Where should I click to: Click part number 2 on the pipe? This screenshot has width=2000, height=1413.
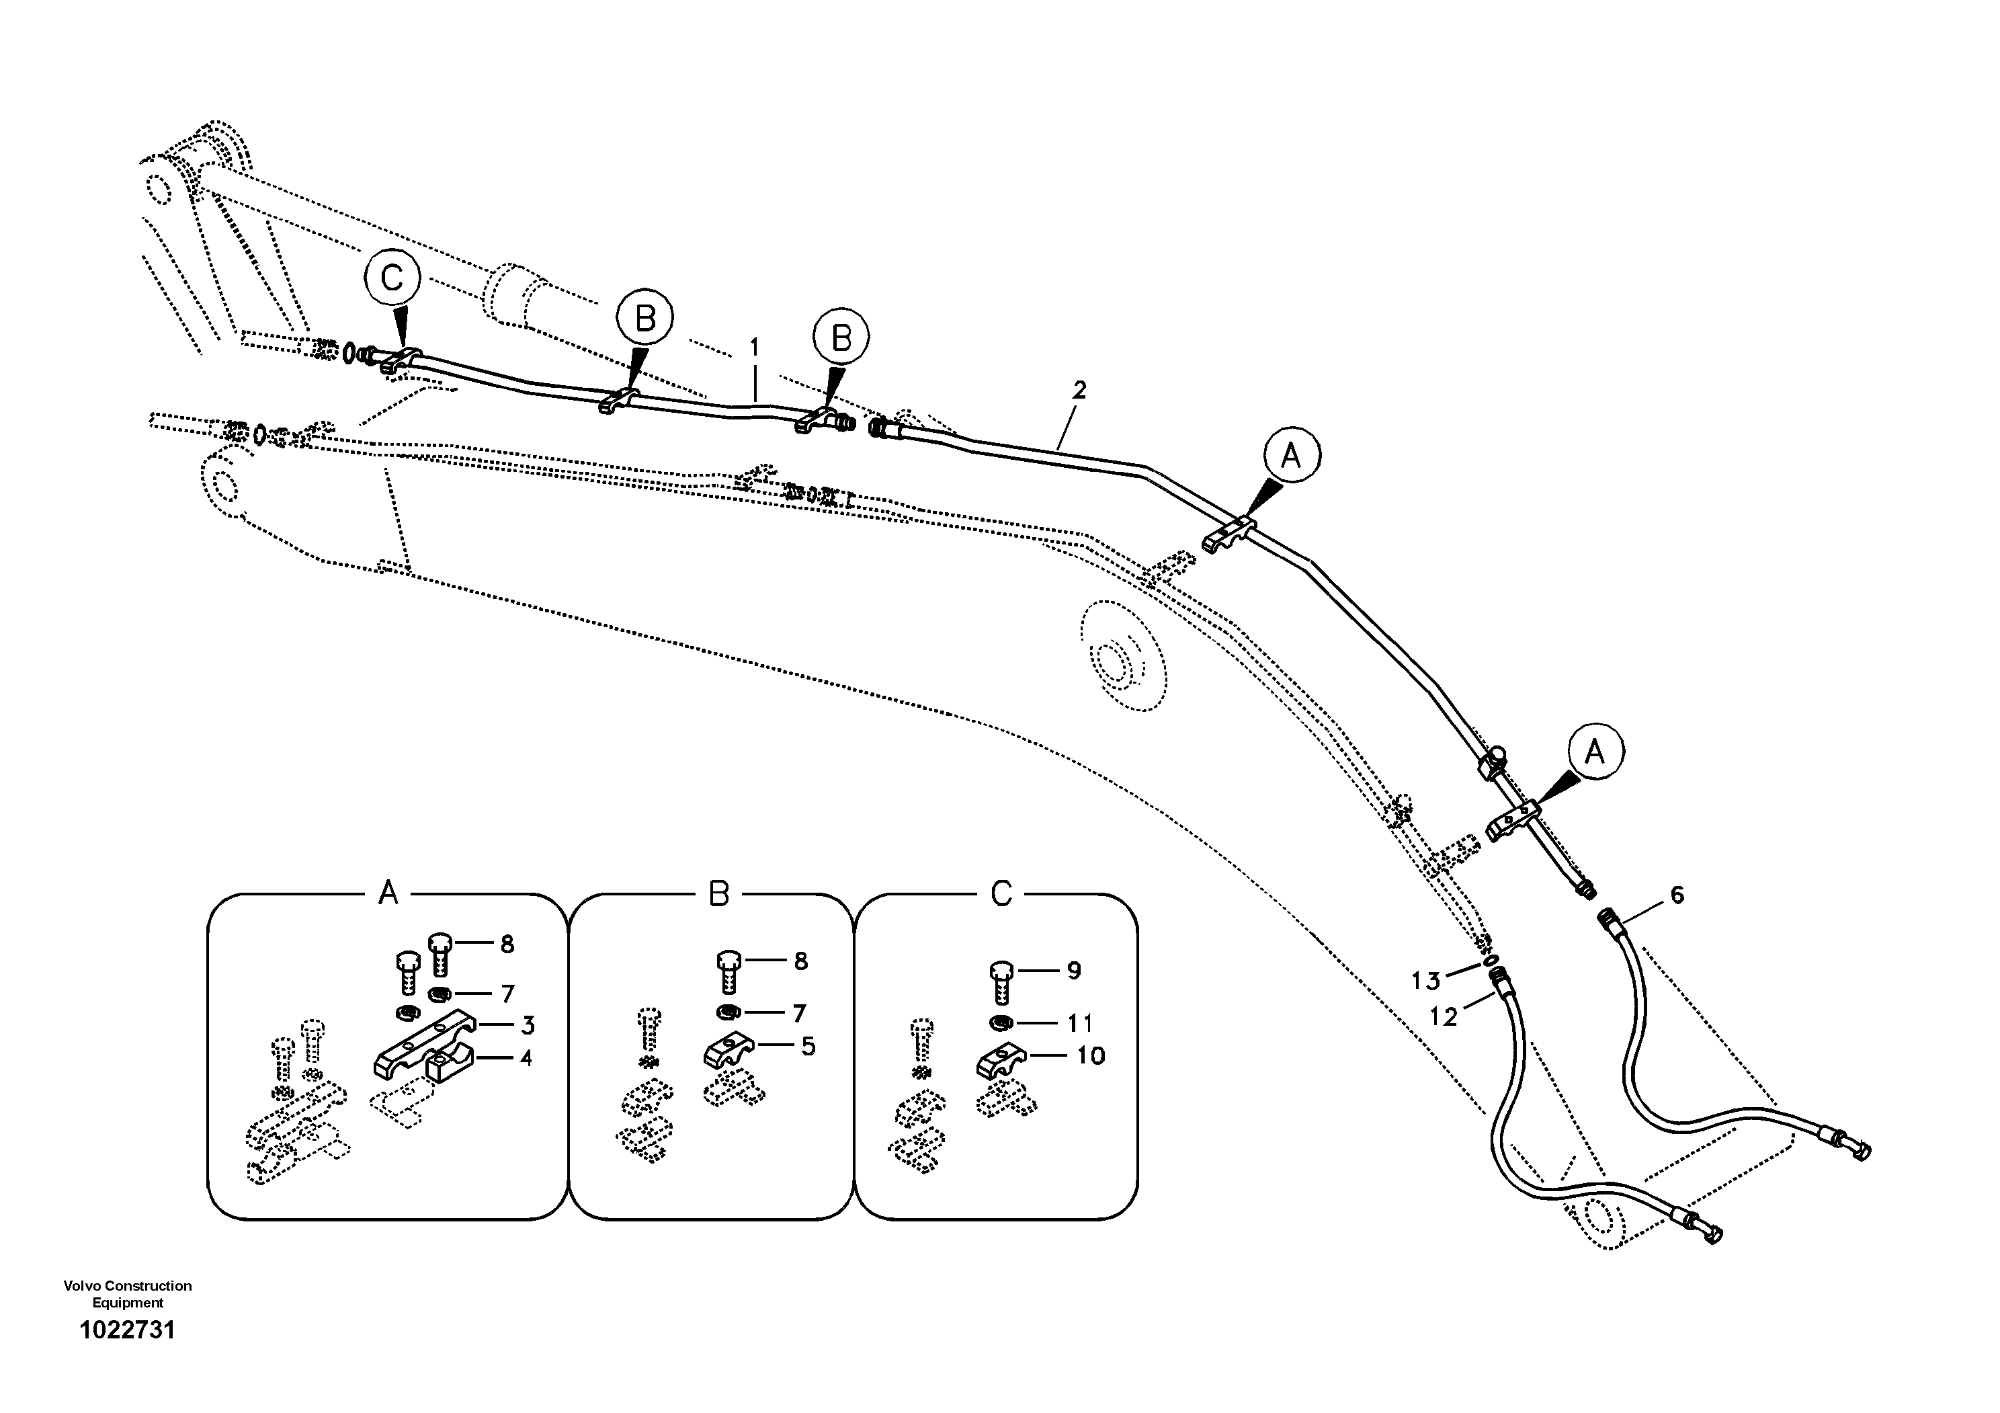[1079, 391]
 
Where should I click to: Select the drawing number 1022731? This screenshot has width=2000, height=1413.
[127, 1330]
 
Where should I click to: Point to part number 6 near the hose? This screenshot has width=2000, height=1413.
[1677, 895]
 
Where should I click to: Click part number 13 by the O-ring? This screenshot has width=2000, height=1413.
[1426, 982]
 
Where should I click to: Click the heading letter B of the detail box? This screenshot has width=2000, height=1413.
[718, 894]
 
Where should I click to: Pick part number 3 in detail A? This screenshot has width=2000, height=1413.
[528, 1025]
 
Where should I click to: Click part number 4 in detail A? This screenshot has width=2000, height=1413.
[526, 1059]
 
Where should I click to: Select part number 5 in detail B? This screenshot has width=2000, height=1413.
[808, 1046]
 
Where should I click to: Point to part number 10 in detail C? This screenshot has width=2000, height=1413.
[1091, 1056]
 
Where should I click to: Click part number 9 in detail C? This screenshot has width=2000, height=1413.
[1074, 971]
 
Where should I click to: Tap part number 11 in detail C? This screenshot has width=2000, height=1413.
[1080, 1022]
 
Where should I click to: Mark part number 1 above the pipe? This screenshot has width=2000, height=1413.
[754, 348]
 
